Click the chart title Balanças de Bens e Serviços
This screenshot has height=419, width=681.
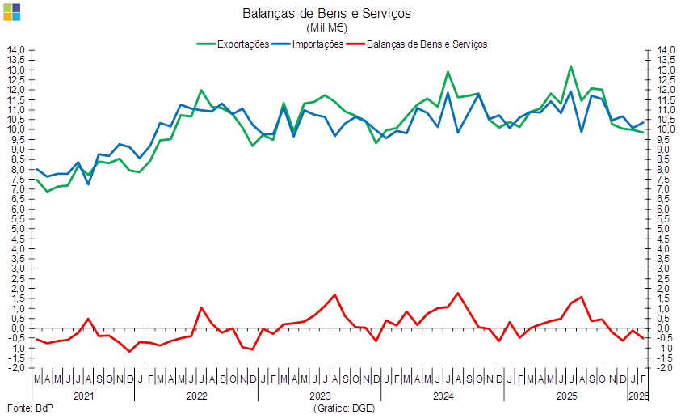pyautogui.click(x=326, y=13)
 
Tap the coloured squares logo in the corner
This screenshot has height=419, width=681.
pyautogui.click(x=11, y=11)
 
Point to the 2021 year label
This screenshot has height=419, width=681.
pyautogui.click(x=83, y=396)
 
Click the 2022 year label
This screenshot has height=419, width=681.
pyautogui.click(x=197, y=396)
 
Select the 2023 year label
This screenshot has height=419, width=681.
pyautogui.click(x=320, y=396)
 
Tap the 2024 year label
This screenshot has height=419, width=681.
pyautogui.click(x=443, y=396)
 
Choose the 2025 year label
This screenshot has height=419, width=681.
pyautogui.click(x=566, y=396)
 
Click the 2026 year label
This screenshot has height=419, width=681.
pyautogui.click(x=638, y=396)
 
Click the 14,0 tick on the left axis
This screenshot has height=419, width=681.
pyautogui.click(x=18, y=50)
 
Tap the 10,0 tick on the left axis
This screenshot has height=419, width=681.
pyautogui.click(x=18, y=129)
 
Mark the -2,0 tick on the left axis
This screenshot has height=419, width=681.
pyautogui.click(x=18, y=368)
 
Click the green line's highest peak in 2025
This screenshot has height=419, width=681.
pyautogui.click(x=571, y=66)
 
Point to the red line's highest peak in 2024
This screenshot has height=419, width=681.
pyautogui.click(x=458, y=293)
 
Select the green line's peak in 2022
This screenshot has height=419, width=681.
pyautogui.click(x=201, y=91)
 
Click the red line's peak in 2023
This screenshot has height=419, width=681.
pyautogui.click(x=335, y=294)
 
